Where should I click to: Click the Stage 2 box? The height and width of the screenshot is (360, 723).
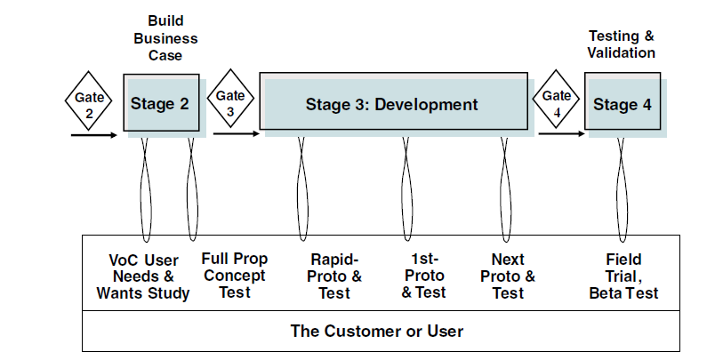pos(160,104)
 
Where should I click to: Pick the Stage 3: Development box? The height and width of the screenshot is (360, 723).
pos(391,104)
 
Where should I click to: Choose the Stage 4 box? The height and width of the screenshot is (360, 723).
pos(622,104)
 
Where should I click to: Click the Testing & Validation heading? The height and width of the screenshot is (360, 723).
pos(622,44)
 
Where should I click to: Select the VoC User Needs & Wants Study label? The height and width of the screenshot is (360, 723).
pos(143,276)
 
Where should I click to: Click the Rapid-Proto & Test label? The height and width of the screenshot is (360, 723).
pos(335,276)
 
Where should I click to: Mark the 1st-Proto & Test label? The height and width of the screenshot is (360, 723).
pos(422,276)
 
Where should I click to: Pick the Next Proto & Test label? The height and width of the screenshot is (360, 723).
pos(508,276)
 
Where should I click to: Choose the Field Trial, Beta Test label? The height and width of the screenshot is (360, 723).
pos(623,276)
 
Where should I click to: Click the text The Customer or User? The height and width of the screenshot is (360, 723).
pos(377,331)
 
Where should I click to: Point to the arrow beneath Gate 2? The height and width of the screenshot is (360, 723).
pos(93,136)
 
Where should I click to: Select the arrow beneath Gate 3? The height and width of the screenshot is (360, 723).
pos(236,135)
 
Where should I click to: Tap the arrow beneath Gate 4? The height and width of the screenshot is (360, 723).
pos(561,135)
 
